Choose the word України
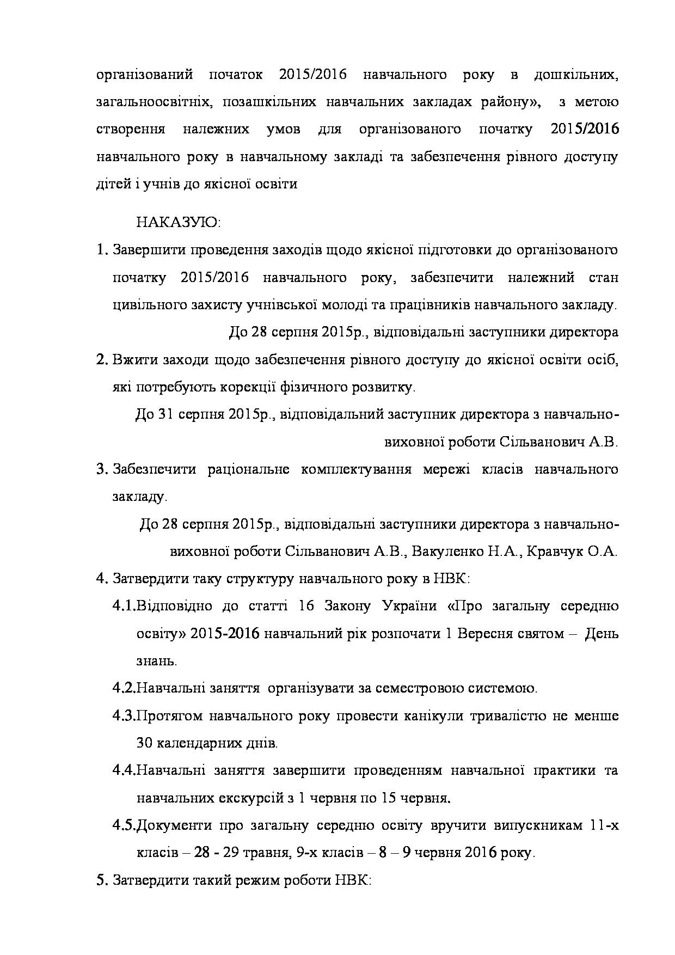[x=409, y=606]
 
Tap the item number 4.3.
[x=124, y=715]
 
